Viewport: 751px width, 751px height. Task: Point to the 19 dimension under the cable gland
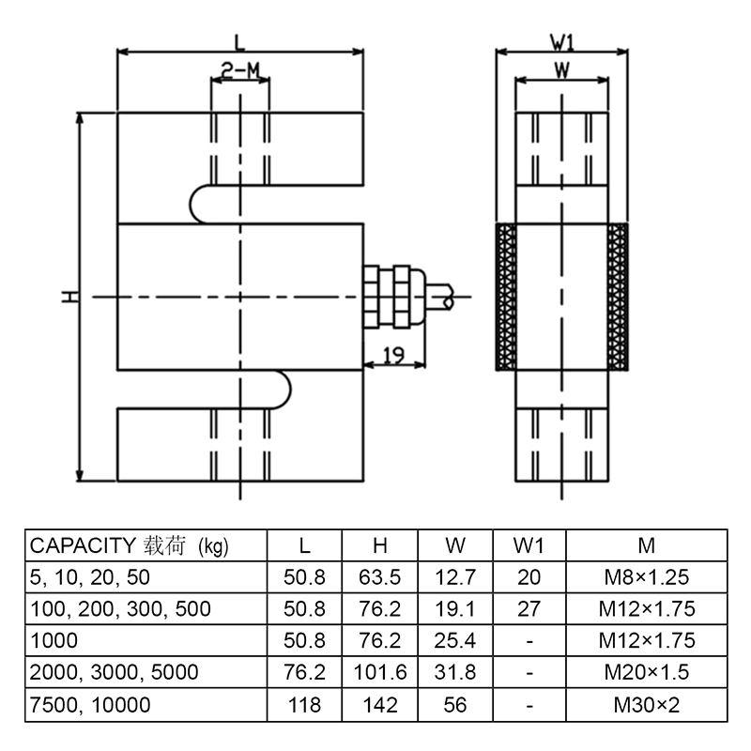[394, 354]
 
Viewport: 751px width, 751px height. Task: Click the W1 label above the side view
[561, 42]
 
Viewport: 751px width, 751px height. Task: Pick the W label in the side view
[561, 69]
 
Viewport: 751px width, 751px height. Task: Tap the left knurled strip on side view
[507, 297]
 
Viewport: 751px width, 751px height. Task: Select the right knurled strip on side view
[617, 297]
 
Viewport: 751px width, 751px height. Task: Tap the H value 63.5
[380, 577]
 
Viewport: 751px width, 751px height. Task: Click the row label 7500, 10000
[91, 704]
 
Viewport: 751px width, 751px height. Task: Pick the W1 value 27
[529, 608]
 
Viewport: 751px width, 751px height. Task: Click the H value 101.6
[380, 672]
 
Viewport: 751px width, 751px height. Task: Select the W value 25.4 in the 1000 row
[455, 640]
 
